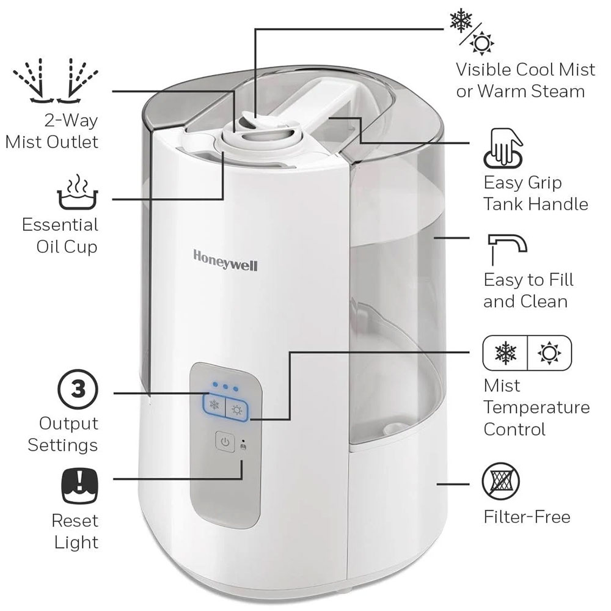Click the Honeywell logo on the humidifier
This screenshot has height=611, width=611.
click(x=225, y=260)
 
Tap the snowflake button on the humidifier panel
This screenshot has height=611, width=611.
click(x=214, y=404)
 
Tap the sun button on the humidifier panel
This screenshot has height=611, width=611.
click(x=237, y=410)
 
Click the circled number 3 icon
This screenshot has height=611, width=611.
click(x=78, y=389)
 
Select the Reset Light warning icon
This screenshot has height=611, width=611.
click(x=80, y=486)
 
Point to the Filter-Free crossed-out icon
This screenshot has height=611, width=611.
click(x=501, y=481)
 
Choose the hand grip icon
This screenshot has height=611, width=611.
click(x=503, y=148)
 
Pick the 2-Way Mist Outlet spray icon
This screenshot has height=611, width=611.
click(x=56, y=81)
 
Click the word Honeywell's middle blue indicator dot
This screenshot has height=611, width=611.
click(x=225, y=387)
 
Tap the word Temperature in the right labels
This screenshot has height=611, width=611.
click(x=536, y=408)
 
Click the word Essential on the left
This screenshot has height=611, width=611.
click(x=60, y=225)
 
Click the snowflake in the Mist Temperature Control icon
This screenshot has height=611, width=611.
click(x=505, y=353)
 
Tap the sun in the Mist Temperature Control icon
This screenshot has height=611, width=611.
click(x=549, y=353)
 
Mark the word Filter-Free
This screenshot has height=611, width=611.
click(x=527, y=517)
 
